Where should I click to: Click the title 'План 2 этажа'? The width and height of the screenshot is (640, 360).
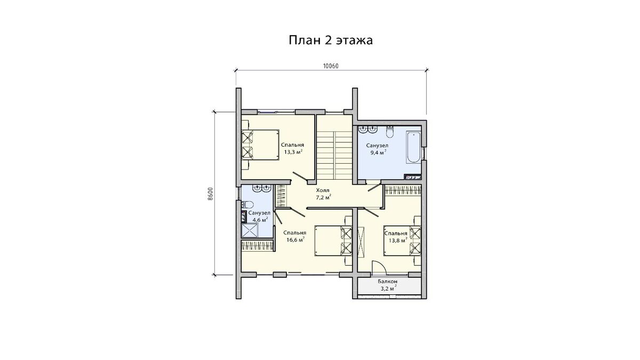pos(331,41)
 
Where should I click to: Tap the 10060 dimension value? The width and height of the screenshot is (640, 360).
pos(331,66)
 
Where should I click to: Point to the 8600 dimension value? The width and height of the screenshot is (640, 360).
pos(210,194)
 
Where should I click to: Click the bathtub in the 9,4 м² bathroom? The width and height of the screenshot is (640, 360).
pos(414,147)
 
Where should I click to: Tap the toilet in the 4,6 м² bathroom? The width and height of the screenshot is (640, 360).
pos(247,205)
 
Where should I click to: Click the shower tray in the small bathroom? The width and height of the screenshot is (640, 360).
pos(250,230)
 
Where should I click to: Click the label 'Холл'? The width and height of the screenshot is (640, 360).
pos(323,190)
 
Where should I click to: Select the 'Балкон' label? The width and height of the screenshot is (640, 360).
pos(387,282)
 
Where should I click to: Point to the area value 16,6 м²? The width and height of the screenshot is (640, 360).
pos(295,239)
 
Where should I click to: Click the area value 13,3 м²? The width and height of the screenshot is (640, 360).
pos(293,151)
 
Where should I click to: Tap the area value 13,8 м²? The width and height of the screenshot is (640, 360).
pos(398,241)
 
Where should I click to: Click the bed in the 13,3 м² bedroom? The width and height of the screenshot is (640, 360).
pos(260,145)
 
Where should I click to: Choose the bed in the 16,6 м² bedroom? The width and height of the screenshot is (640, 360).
pos(333,241)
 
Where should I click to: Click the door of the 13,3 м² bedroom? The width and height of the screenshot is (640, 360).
pos(300,177)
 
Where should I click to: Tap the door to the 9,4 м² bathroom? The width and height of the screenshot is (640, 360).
pos(375,188)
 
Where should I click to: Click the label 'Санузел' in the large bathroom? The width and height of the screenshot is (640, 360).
pos(377,146)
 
